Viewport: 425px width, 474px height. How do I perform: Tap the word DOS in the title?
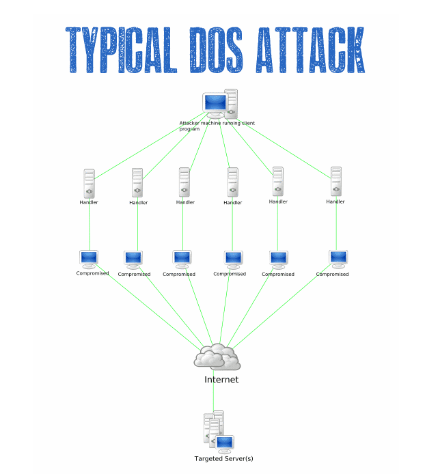coord(221,51)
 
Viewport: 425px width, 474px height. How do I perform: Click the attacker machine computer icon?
coord(220,104)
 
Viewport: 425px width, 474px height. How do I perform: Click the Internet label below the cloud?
coord(221,379)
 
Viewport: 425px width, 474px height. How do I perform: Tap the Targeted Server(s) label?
coord(224,458)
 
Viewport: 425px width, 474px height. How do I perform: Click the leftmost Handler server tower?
coord(89,183)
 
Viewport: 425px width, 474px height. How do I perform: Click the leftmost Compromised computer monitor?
coord(90,260)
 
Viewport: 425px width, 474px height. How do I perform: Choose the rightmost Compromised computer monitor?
coord(338,259)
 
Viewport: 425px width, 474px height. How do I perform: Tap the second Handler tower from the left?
coord(137,183)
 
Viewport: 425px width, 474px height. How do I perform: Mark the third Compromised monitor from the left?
coord(182,260)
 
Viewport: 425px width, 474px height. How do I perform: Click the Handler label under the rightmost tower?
coord(335,201)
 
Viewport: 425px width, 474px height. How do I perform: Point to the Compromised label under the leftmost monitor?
coord(92,274)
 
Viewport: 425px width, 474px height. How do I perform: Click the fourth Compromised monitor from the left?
coord(233,259)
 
